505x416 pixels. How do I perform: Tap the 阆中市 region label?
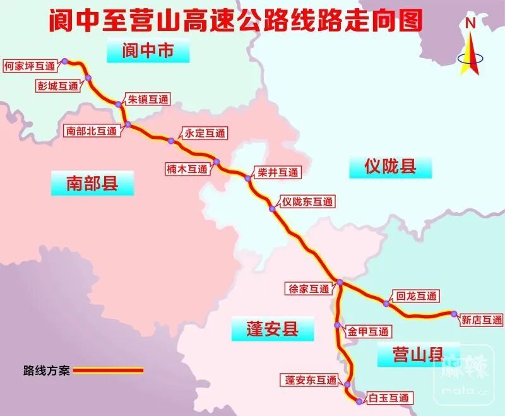[x=148, y=51]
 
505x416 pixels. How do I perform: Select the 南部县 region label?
[x=93, y=184]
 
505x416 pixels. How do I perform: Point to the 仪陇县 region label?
[x=390, y=167]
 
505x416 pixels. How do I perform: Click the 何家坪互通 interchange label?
[x=29, y=64]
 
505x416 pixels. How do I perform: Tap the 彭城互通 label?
[x=59, y=86]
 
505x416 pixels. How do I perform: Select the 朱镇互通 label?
[x=148, y=99]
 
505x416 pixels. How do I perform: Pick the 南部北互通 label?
[x=92, y=131]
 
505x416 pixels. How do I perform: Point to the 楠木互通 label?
[x=187, y=169]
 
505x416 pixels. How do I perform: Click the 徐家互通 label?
[x=309, y=289]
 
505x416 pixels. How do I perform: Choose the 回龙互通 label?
[x=415, y=295]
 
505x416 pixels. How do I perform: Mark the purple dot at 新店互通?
[x=453, y=313]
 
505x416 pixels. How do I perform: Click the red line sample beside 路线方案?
[x=108, y=371]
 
